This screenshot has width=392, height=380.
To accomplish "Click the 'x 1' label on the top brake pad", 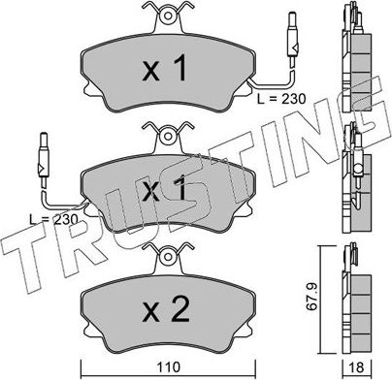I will pos(165,69).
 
